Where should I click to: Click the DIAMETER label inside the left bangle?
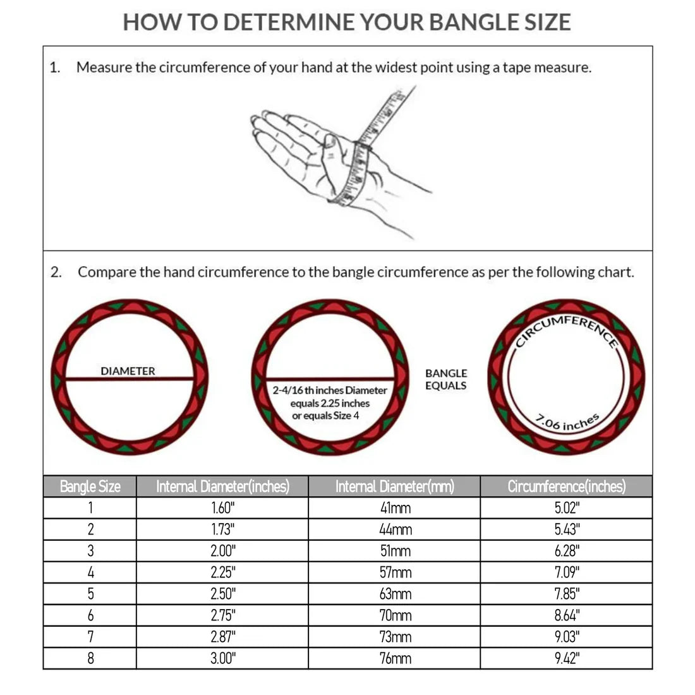click(x=128, y=371)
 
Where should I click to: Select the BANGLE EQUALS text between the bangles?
click(x=446, y=379)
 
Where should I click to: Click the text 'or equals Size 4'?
click(x=325, y=415)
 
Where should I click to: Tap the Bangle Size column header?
click(x=90, y=486)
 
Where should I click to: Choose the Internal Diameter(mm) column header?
click(x=395, y=486)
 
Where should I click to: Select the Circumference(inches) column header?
click(x=567, y=486)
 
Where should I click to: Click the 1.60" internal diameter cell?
click(x=222, y=508)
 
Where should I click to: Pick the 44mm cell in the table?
click(x=395, y=529)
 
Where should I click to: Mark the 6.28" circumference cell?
click(x=567, y=551)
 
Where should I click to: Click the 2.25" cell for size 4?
click(x=222, y=572)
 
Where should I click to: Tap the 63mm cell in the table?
click(x=395, y=594)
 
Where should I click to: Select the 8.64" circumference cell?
click(x=567, y=615)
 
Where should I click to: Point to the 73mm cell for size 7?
click(x=395, y=637)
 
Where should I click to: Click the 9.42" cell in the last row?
click(x=567, y=658)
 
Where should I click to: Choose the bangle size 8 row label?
click(x=90, y=658)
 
